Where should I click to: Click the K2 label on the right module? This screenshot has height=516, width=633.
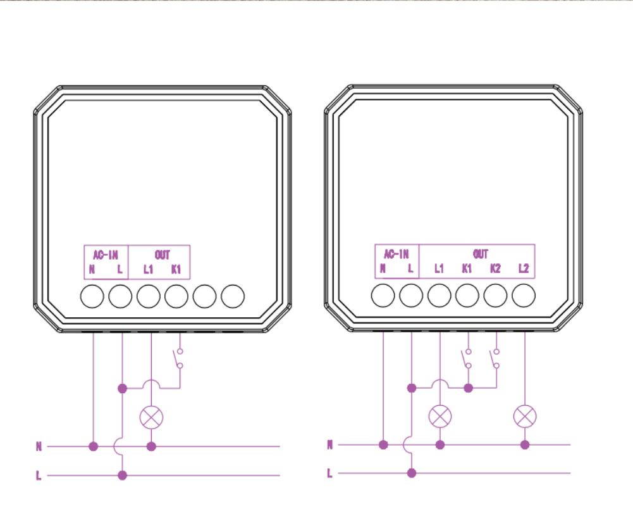click(x=495, y=269)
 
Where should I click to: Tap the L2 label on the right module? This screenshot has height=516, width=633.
click(x=523, y=269)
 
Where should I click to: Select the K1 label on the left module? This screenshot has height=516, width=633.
click(x=176, y=270)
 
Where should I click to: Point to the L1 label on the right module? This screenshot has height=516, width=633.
click(x=439, y=269)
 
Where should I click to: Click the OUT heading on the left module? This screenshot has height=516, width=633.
click(x=162, y=255)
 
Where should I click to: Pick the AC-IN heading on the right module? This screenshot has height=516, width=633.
click(x=396, y=255)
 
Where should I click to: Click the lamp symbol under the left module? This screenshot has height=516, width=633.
click(x=151, y=417)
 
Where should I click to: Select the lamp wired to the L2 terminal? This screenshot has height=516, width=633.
click(x=524, y=416)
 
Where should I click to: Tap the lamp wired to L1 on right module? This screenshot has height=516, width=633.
click(x=440, y=416)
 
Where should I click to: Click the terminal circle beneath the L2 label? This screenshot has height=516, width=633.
click(x=524, y=296)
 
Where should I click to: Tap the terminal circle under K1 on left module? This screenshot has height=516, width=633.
click(x=177, y=296)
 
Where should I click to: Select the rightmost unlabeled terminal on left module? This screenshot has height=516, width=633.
click(x=233, y=296)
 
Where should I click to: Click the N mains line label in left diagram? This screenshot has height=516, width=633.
click(x=39, y=447)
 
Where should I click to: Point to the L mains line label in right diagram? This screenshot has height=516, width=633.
click(x=329, y=473)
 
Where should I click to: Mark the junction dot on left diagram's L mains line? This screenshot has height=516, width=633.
click(x=123, y=475)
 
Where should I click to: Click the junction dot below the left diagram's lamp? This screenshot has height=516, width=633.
click(x=151, y=446)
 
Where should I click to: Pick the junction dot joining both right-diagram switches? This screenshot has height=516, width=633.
click(x=468, y=387)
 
